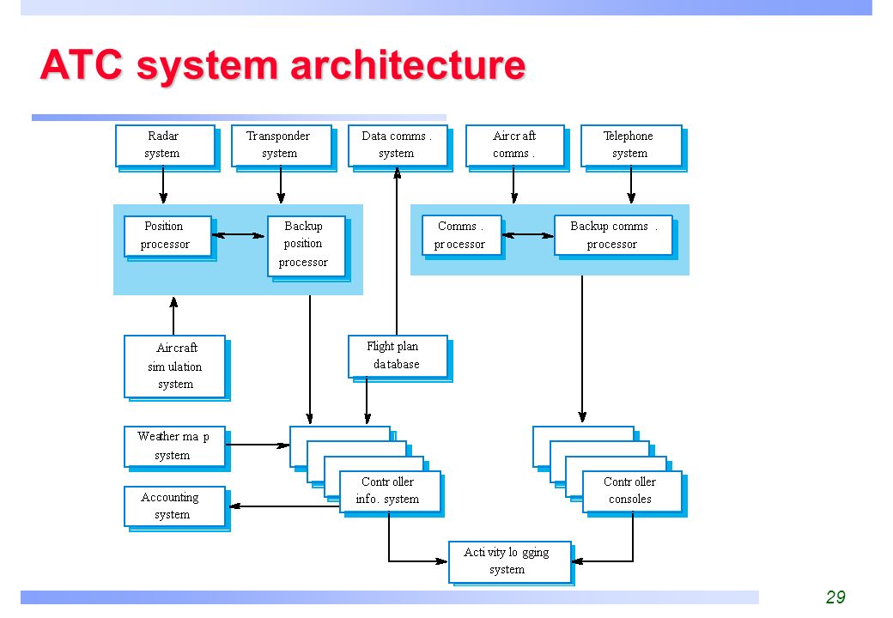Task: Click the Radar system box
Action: pos(165,146)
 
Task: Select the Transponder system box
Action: pos(282,146)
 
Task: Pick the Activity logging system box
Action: pos(510,562)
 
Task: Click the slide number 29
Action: pos(835,597)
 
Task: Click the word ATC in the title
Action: pos(82,65)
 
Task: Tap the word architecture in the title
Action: pos(408,65)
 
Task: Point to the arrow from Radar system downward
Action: pos(163,185)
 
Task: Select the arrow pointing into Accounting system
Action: pos(284,506)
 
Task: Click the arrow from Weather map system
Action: pos(258,445)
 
